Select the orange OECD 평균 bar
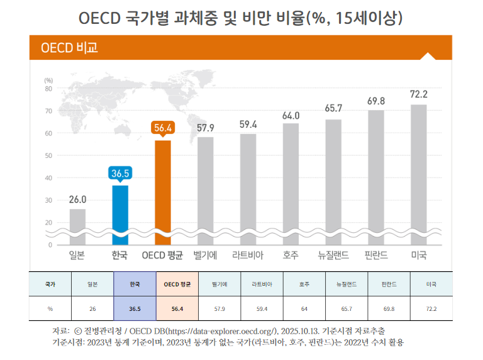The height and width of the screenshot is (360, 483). [163, 189]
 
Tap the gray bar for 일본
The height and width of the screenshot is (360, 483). [77, 223]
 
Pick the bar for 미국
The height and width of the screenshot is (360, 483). [419, 170]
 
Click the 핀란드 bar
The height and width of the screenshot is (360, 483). [376, 173]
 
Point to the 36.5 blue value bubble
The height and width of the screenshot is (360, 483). [120, 172]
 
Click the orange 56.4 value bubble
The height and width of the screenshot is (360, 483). [163, 128]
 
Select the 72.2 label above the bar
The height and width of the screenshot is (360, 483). [419, 94]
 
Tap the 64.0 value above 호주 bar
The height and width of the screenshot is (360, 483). [291, 116]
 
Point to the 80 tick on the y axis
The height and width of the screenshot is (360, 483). [48, 89]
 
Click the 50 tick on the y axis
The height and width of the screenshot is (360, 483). [48, 155]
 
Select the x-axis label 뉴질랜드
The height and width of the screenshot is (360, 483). [333, 256]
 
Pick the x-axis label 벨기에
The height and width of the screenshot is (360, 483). [206, 256]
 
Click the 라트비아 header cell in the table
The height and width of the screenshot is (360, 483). [262, 284]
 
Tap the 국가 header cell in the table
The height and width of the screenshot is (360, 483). [50, 284]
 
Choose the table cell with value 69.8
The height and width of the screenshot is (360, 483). [389, 309]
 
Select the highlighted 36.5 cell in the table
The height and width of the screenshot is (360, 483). [133, 309]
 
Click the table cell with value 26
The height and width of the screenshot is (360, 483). [92, 309]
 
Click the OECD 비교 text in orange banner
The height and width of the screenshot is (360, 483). [69, 48]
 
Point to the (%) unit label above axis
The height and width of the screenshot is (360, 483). [48, 81]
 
